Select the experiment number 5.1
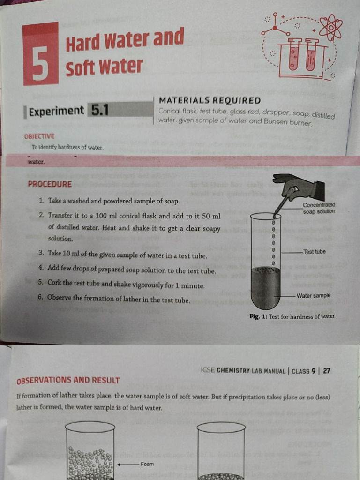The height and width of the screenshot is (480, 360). click(99, 110)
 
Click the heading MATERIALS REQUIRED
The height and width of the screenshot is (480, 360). click(210, 100)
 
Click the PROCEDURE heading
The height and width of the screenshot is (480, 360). click(50, 184)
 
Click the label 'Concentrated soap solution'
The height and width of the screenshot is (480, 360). click(319, 208)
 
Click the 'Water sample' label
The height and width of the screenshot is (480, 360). click(313, 295)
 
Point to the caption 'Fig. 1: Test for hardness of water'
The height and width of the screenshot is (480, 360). click(292, 316)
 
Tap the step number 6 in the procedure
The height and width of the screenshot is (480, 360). click(41, 298)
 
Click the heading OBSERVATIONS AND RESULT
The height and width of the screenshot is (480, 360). click(68, 380)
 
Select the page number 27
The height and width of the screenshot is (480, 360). click(327, 371)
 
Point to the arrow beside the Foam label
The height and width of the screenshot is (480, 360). click(127, 464)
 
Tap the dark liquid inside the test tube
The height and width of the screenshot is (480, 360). click(265, 286)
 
